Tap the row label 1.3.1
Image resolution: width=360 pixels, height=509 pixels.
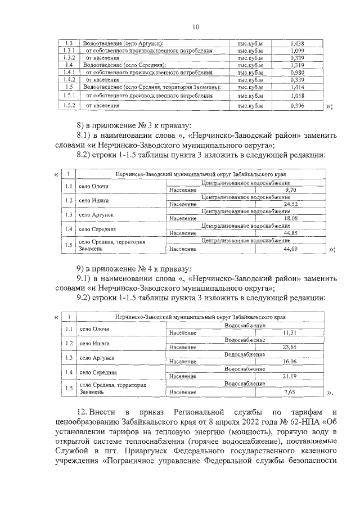[70, 51]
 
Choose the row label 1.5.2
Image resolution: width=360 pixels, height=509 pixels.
[70, 105]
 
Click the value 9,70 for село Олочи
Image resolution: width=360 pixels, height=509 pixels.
[290, 190]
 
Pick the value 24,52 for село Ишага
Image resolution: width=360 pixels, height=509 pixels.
[290, 204]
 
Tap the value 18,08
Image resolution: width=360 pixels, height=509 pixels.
[290, 218]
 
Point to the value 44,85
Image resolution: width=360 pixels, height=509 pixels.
[290, 233]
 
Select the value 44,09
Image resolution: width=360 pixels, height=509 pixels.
[290, 249]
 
